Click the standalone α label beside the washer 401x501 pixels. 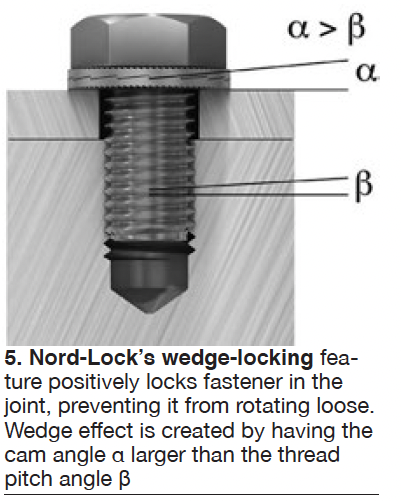pyautogui.click(x=367, y=73)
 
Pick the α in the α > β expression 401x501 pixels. pyautogui.click(x=299, y=29)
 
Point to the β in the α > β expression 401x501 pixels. pyautogui.click(x=356, y=30)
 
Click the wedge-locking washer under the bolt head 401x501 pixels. pyautogui.click(x=148, y=79)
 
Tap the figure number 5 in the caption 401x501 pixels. pyautogui.click(x=12, y=358)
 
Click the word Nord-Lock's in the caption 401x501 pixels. pyautogui.click(x=93, y=358)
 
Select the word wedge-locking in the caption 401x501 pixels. pyautogui.click(x=238, y=358)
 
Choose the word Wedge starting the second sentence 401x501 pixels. pyautogui.click(x=38, y=431)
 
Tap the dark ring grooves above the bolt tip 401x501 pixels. pyautogui.click(x=149, y=248)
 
